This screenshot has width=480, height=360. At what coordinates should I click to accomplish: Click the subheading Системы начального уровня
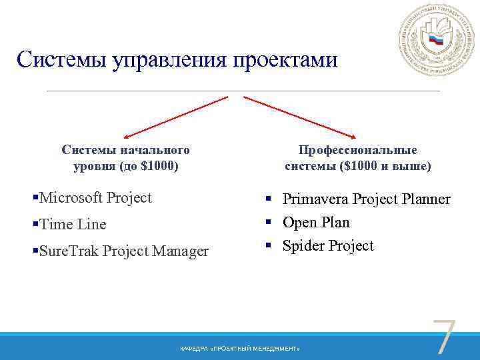(x=125, y=157)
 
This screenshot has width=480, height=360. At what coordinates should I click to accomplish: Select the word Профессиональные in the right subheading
(x=357, y=150)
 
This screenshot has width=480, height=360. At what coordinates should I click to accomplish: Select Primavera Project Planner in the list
(x=366, y=199)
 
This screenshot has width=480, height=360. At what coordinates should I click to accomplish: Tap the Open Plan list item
(x=316, y=222)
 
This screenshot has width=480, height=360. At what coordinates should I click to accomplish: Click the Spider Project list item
(x=328, y=245)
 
